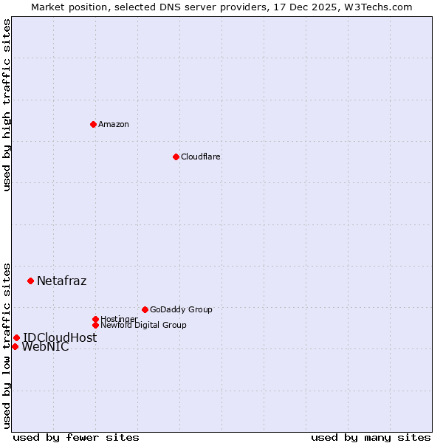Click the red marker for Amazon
click(x=93, y=124)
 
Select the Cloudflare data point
click(x=176, y=157)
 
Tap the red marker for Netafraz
click(x=30, y=281)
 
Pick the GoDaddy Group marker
click(x=145, y=309)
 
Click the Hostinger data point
click(x=95, y=319)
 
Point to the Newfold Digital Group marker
click(x=95, y=325)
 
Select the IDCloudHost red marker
click(x=16, y=337)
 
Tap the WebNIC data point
click(x=15, y=346)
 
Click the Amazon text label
click(x=114, y=124)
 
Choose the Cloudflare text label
click(x=201, y=157)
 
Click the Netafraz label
click(x=61, y=281)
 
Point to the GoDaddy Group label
click(x=181, y=309)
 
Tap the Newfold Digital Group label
click(x=143, y=326)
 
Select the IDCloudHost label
click(x=59, y=337)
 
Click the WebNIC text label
click(x=45, y=347)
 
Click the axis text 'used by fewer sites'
click(x=76, y=437)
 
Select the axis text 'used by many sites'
click(x=371, y=437)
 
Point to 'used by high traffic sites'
click(x=7, y=105)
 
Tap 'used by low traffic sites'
click(x=7, y=345)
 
